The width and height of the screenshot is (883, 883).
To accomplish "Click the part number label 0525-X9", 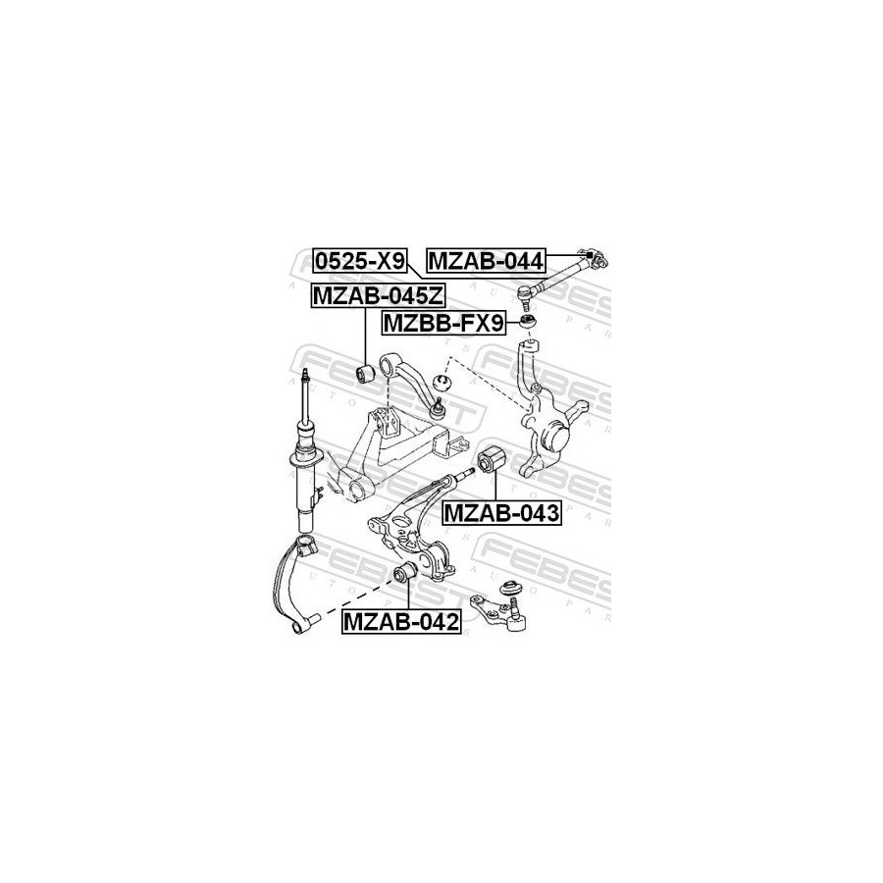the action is pos(359,261).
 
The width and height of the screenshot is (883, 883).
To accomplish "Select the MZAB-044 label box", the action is pos(487,261).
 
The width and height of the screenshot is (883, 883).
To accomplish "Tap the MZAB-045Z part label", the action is pos(378,295).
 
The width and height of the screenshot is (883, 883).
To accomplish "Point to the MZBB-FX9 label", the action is pos(443,323).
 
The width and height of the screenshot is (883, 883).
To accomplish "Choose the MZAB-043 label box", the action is pos(501,513).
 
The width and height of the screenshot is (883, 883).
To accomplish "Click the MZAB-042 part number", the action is pos(401,622).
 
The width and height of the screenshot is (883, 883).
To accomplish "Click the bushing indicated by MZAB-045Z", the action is pos(365,372).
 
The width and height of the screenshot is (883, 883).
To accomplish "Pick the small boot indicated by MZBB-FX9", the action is pos(528,323).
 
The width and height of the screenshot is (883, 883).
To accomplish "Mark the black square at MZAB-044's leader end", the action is pos(589,254).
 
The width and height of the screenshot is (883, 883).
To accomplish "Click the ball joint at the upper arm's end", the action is pos(439,410).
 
